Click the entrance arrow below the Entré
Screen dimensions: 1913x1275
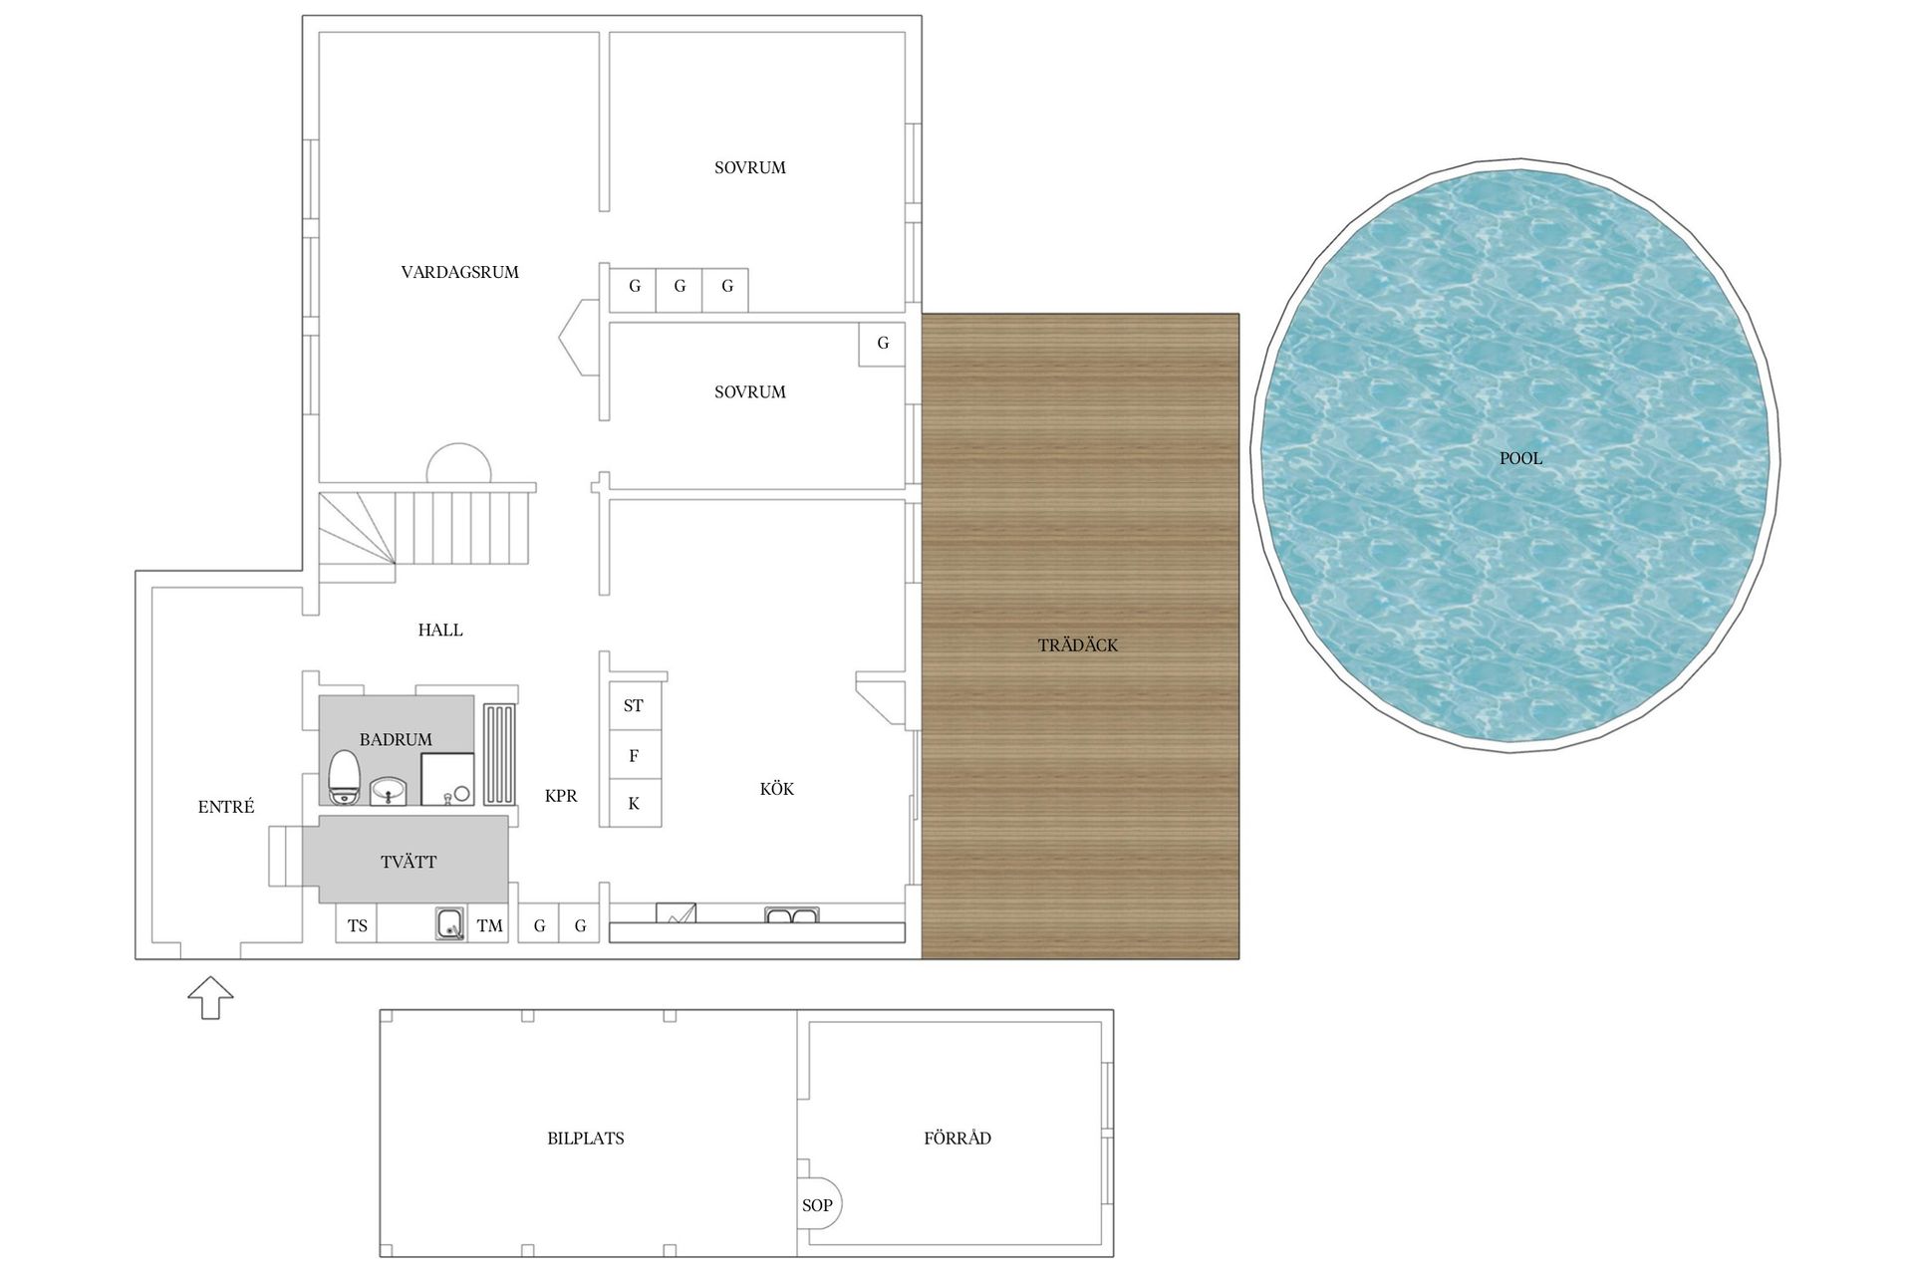click(x=211, y=997)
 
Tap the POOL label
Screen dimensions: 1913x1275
click(x=1520, y=458)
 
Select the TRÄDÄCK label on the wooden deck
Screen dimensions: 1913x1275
click(x=1078, y=645)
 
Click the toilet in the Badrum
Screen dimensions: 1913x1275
click(x=344, y=777)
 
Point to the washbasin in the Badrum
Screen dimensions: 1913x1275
click(x=388, y=792)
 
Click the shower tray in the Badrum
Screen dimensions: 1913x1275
click(x=447, y=779)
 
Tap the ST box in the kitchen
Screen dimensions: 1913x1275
click(x=634, y=706)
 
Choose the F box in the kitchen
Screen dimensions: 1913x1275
click(x=634, y=756)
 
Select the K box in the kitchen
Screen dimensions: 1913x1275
click(x=634, y=804)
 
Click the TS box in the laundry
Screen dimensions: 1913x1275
click(x=357, y=925)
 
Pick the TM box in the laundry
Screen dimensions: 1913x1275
click(x=489, y=925)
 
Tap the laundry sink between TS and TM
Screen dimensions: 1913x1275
click(x=450, y=923)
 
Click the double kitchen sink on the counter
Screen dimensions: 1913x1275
click(x=791, y=914)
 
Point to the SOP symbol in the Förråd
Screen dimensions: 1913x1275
click(x=820, y=1205)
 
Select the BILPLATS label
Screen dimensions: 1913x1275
click(x=586, y=1139)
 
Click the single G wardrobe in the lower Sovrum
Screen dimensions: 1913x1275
click(x=882, y=344)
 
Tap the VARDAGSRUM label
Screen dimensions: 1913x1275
click(x=460, y=272)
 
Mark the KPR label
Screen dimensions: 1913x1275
click(x=561, y=796)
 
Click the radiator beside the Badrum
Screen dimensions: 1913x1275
click(x=499, y=754)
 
